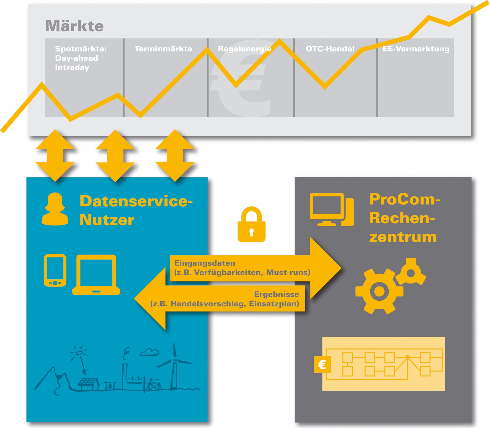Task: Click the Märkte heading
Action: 74,26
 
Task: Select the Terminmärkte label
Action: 163,49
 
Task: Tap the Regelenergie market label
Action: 244,49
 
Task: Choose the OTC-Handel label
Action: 330,49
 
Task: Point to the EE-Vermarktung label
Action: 416,49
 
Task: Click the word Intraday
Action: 72,68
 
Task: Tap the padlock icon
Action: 251,225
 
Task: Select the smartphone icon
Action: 55,270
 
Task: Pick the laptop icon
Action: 96,275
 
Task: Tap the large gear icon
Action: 379,291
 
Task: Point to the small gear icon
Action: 411,272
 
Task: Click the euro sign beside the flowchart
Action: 322,365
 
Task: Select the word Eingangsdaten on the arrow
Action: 205,263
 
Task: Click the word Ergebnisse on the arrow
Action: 277,294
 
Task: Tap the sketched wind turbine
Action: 174,365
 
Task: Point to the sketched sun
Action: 79,353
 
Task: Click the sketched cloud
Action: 149,352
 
